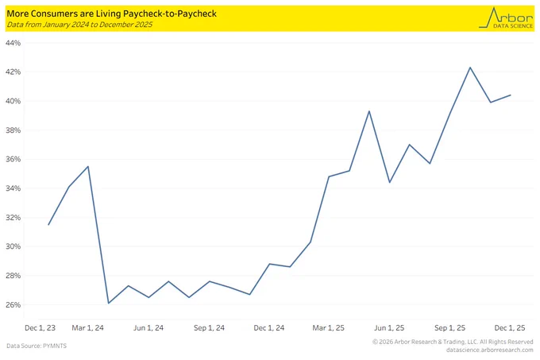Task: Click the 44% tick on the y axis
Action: pos(13,43)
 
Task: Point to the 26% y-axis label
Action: pos(13,305)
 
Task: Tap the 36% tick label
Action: pos(13,159)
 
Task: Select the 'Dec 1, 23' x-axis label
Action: pos(40,328)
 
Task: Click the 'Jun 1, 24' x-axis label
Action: pos(148,328)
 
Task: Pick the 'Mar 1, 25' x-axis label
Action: pos(328,328)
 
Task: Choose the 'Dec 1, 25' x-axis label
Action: pos(510,328)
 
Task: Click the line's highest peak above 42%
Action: pos(470,68)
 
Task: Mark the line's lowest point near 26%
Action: pos(109,303)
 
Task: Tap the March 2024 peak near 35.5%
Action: pos(88,166)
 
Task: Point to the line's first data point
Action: pos(48,225)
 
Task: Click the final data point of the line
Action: pos(511,95)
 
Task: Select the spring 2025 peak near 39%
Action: pos(369,111)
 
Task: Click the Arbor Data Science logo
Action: pos(506,18)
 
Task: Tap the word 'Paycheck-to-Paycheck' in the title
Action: pos(170,14)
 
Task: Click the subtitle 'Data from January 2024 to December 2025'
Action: pos(79,25)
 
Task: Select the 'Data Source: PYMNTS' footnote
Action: pos(37,346)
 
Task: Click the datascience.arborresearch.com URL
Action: pos(490,350)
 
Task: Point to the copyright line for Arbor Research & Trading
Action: pos(453,342)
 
